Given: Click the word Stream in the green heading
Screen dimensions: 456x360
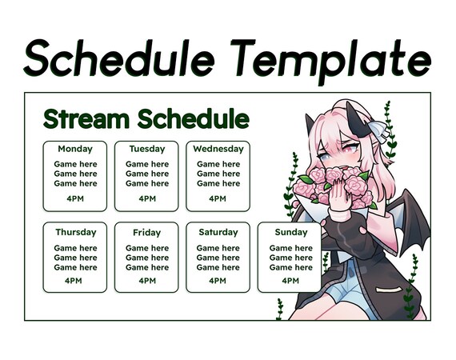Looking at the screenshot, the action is (86, 118).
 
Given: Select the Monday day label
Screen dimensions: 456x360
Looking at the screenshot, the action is (75, 149).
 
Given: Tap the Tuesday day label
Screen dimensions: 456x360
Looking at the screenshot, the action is (147, 149).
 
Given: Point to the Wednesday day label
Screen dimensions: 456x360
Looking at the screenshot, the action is (218, 149).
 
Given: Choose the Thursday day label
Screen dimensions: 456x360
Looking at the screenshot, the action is (76, 232).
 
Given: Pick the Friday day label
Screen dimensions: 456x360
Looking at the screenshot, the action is (147, 233).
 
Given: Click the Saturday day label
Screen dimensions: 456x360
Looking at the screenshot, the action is (218, 232).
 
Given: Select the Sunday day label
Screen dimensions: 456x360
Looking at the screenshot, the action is (291, 232).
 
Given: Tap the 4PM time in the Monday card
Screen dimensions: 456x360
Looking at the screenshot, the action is (75, 199).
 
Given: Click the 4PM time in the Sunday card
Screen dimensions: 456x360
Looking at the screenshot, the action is (290, 281).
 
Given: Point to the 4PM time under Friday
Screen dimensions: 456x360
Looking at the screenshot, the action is (147, 281).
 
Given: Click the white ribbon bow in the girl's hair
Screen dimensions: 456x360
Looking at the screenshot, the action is (379, 130).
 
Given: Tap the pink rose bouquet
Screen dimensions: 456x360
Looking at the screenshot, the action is (334, 186).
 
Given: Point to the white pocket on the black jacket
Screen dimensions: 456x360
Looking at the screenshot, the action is (388, 290).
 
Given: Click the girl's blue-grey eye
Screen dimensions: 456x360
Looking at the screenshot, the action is (325, 157).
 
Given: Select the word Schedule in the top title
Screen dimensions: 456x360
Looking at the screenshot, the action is (119, 58).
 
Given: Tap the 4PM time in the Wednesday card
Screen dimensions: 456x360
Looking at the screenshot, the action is (218, 199).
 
